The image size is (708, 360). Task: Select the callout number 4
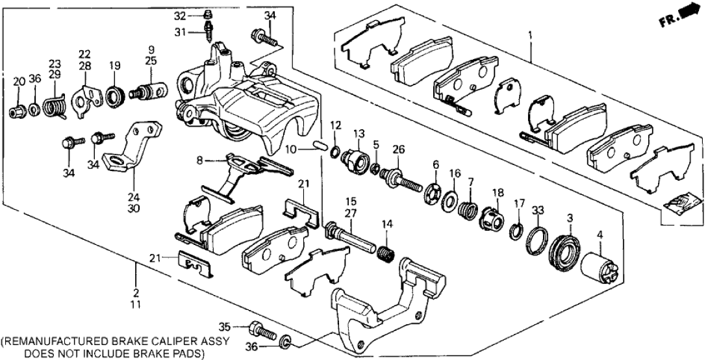click(600, 236)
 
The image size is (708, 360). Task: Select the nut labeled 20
click(18, 110)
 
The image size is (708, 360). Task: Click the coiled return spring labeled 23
click(55, 105)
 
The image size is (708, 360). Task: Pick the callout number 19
click(115, 65)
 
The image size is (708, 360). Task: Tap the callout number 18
click(498, 193)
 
